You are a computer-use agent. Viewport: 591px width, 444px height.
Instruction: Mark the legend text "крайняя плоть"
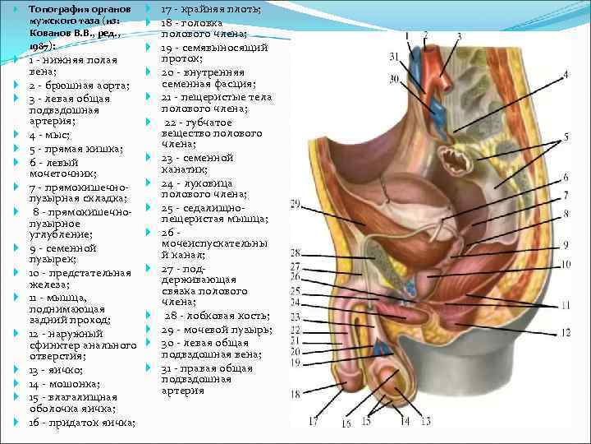[221, 9]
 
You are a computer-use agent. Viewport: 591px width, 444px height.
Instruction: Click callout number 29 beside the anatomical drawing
[296, 204]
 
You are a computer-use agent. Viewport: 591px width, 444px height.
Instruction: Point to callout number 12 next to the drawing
[566, 332]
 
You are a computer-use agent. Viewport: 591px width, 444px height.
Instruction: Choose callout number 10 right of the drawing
[566, 265]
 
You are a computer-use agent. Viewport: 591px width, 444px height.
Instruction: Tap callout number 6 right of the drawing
[566, 177]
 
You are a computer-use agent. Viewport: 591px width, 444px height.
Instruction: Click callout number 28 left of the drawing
[296, 253]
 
